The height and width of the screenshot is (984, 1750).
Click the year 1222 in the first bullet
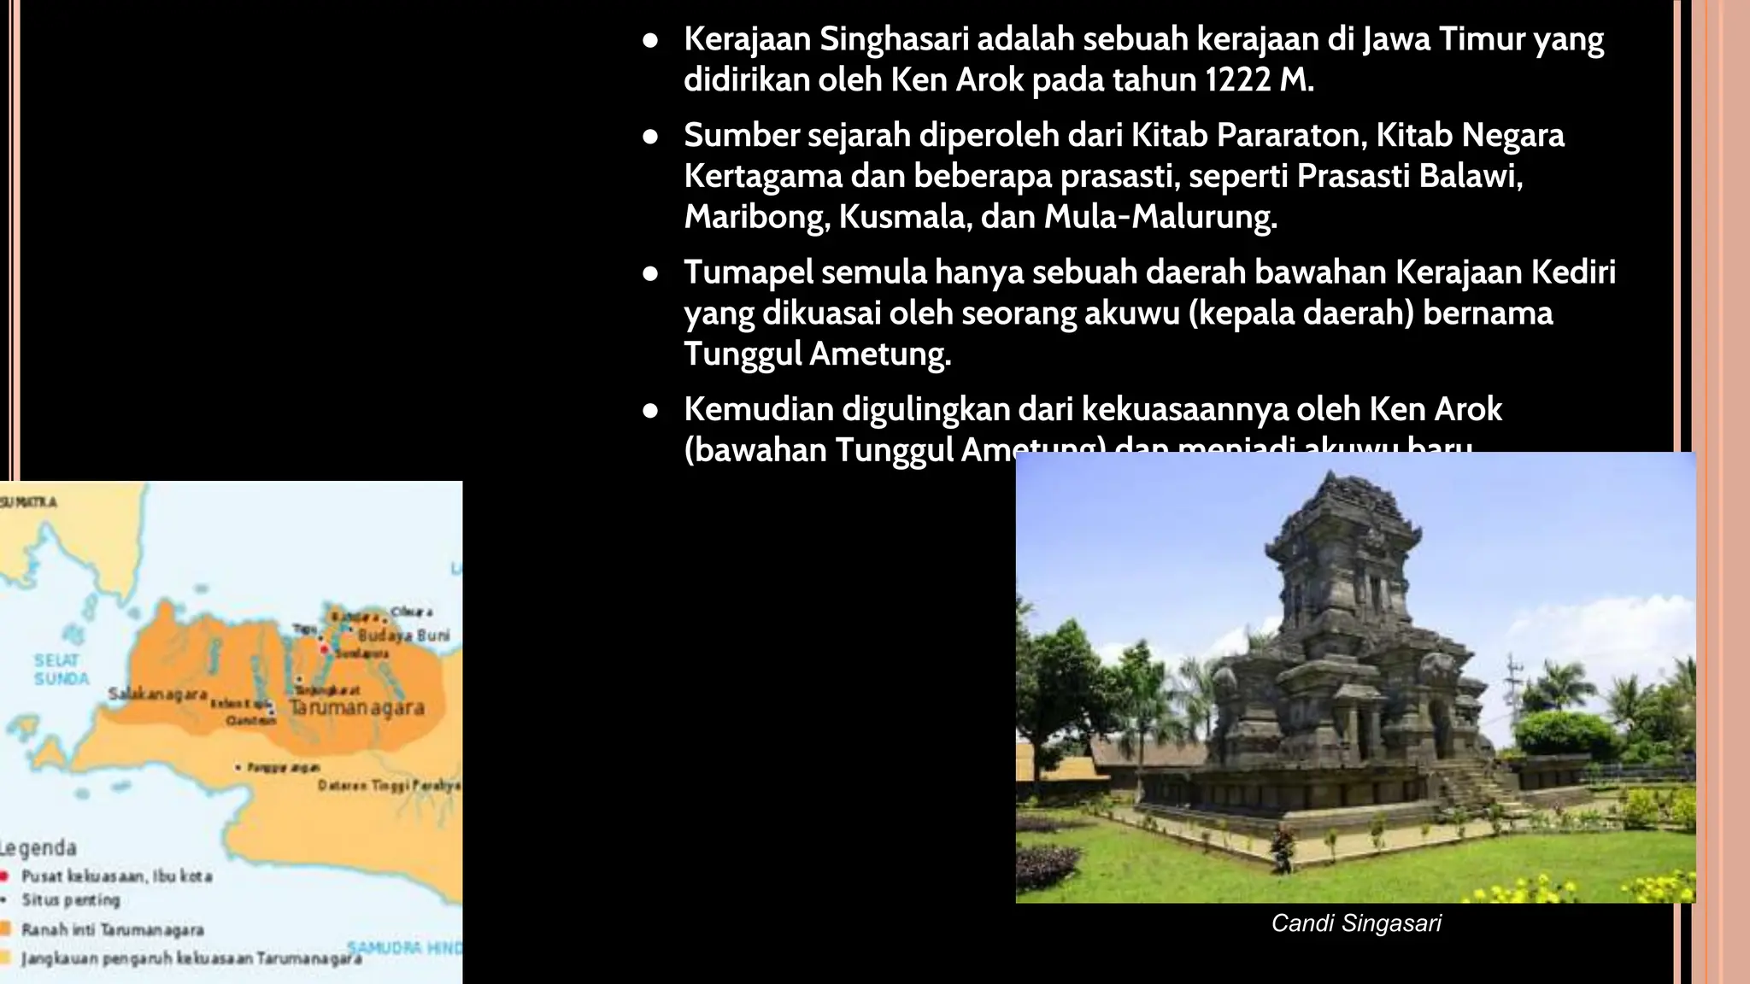(x=1238, y=80)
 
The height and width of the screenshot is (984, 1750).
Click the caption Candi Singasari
(x=1356, y=923)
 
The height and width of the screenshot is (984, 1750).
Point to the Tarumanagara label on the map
(x=356, y=708)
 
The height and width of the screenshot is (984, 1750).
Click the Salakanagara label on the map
(x=157, y=694)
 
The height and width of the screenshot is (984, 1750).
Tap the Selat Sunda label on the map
(x=61, y=670)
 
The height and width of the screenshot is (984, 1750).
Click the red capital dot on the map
(x=325, y=649)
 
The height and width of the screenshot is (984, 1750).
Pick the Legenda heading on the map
(x=38, y=848)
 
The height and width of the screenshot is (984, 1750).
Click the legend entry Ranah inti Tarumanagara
(x=112, y=929)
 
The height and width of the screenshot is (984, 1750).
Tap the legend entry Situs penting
(x=71, y=900)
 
